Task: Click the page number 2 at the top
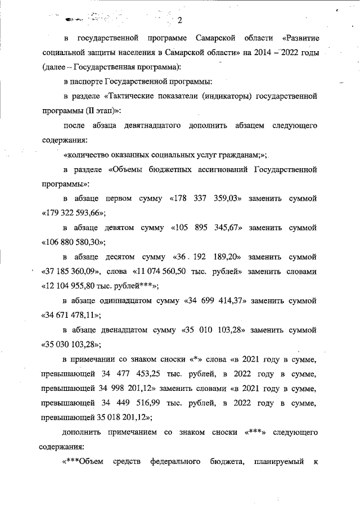click(180, 21)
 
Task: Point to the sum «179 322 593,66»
click(74, 213)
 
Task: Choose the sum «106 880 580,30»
click(74, 242)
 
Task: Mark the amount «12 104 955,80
click(74, 286)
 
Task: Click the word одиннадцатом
click(129, 301)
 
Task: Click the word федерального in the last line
click(175, 462)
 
